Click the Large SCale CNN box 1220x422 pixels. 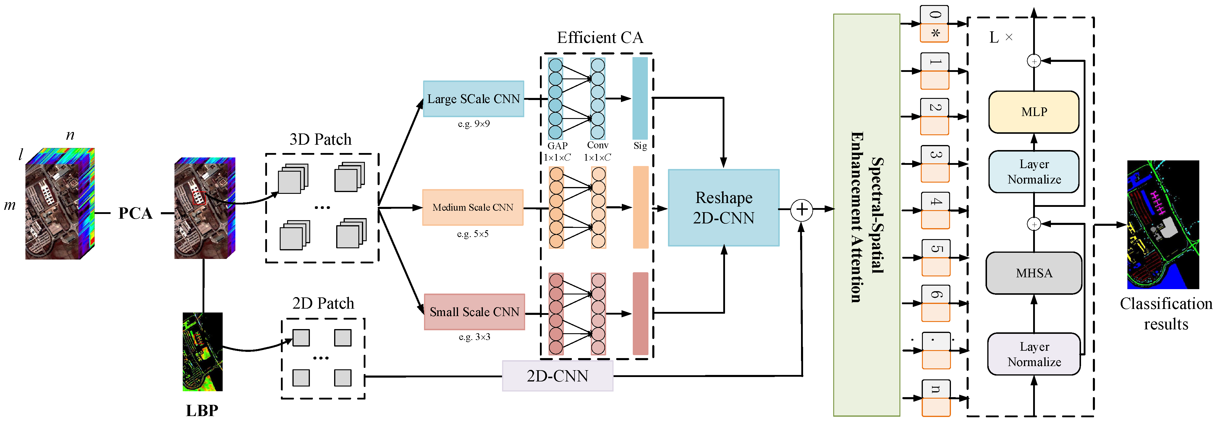(473, 99)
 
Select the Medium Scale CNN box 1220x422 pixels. (473, 207)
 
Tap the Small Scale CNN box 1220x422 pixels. (474, 312)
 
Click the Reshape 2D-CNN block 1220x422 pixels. (723, 208)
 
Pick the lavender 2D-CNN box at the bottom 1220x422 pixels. (557, 376)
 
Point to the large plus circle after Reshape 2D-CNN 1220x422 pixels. (801, 210)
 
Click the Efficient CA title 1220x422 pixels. (600, 38)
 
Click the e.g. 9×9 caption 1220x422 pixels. (474, 124)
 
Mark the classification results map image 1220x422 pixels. (1163, 224)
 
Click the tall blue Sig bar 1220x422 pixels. (640, 98)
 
